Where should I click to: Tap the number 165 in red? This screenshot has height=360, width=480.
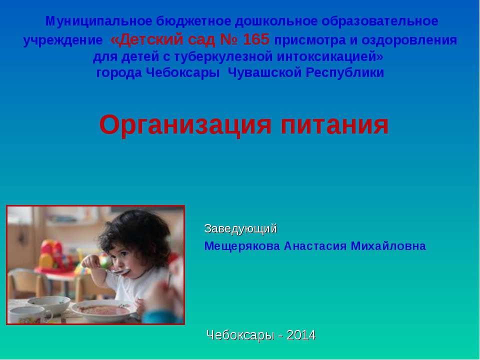point(256,39)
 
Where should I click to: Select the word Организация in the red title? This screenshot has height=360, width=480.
point(185,125)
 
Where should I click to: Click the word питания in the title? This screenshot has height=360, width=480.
point(334,125)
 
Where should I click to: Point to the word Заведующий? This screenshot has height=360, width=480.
point(240,229)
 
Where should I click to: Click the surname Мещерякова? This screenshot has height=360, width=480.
point(242,246)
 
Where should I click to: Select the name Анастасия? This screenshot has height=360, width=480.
point(315,246)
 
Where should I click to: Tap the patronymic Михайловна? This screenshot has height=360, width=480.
point(388,246)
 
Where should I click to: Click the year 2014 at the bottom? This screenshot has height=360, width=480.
point(301,335)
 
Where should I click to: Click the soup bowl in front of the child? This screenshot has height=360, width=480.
point(103,310)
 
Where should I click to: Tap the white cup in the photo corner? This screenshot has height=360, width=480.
point(29,315)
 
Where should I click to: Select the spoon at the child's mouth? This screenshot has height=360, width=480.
point(116,271)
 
